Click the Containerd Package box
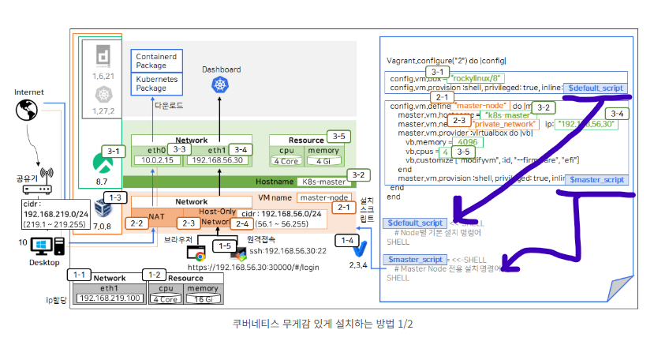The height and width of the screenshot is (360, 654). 156,62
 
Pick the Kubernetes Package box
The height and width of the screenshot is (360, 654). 156,84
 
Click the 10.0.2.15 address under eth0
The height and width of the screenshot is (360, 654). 156,159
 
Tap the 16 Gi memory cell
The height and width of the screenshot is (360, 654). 202,298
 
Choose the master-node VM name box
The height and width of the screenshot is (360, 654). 324,197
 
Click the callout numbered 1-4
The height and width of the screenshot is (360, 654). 346,239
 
